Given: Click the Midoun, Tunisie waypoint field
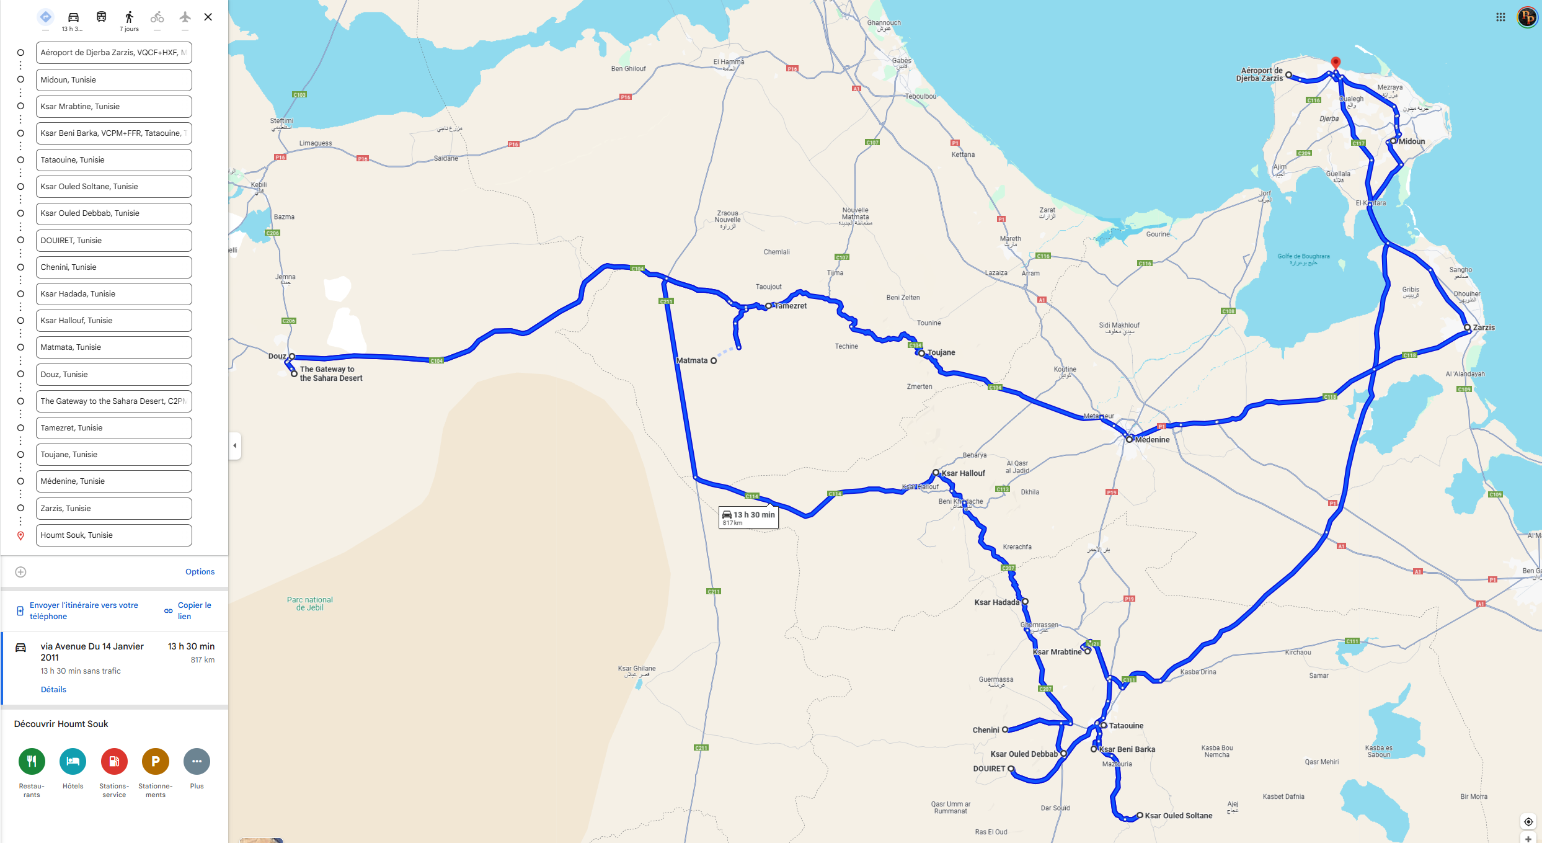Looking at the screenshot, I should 113,80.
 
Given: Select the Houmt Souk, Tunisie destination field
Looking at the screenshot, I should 113,535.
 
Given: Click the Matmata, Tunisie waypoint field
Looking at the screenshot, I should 113,347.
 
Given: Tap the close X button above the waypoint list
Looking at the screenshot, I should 208,17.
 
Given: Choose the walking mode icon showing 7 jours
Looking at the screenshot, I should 129,18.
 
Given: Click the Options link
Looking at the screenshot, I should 200,572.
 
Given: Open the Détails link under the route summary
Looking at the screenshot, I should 53,690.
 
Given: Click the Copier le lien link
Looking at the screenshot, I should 193,611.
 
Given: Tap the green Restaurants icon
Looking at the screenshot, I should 32,762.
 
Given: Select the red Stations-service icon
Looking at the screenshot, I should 114,762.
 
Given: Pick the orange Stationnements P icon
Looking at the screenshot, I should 155,762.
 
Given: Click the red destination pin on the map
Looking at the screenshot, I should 1336,62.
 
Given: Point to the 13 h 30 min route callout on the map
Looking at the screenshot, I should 748,517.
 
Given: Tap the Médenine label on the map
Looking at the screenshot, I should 1152,440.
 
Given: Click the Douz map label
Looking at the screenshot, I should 277,356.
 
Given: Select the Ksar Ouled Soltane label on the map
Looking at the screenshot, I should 1178,816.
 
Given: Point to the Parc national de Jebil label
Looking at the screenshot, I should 309,604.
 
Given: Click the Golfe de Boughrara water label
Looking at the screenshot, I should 1303,259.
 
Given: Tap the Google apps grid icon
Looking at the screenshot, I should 1500,17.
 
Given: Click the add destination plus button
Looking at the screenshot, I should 20,572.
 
